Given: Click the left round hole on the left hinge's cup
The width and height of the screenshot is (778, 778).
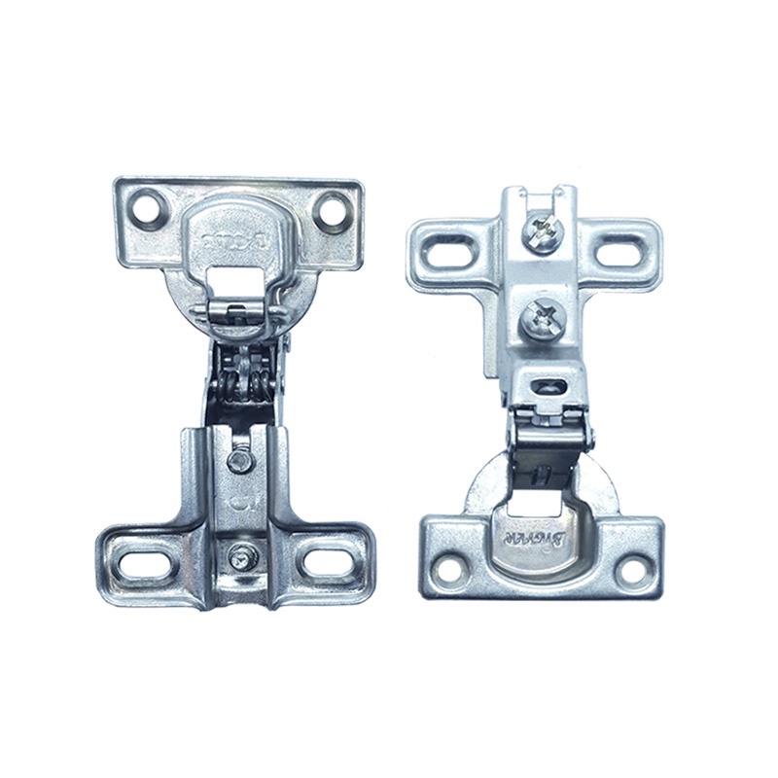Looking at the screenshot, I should (153, 204).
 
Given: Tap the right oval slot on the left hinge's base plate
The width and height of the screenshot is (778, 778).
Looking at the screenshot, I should (321, 562).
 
